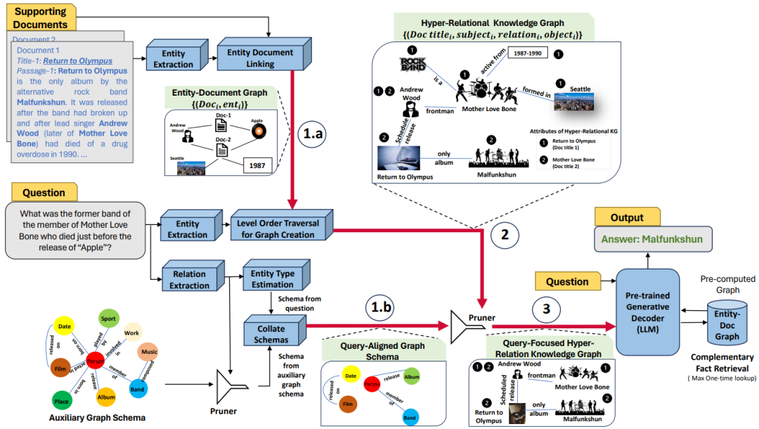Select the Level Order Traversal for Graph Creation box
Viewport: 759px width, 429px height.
[x=278, y=228]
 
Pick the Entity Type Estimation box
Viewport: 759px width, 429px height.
[x=273, y=278]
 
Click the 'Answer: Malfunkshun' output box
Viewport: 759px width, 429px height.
[x=652, y=239]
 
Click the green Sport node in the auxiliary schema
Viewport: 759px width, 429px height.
[x=109, y=319]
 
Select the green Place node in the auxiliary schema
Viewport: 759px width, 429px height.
[x=62, y=401]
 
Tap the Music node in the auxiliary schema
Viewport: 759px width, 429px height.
[x=149, y=351]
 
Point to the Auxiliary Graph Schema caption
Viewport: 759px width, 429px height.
[x=97, y=418]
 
